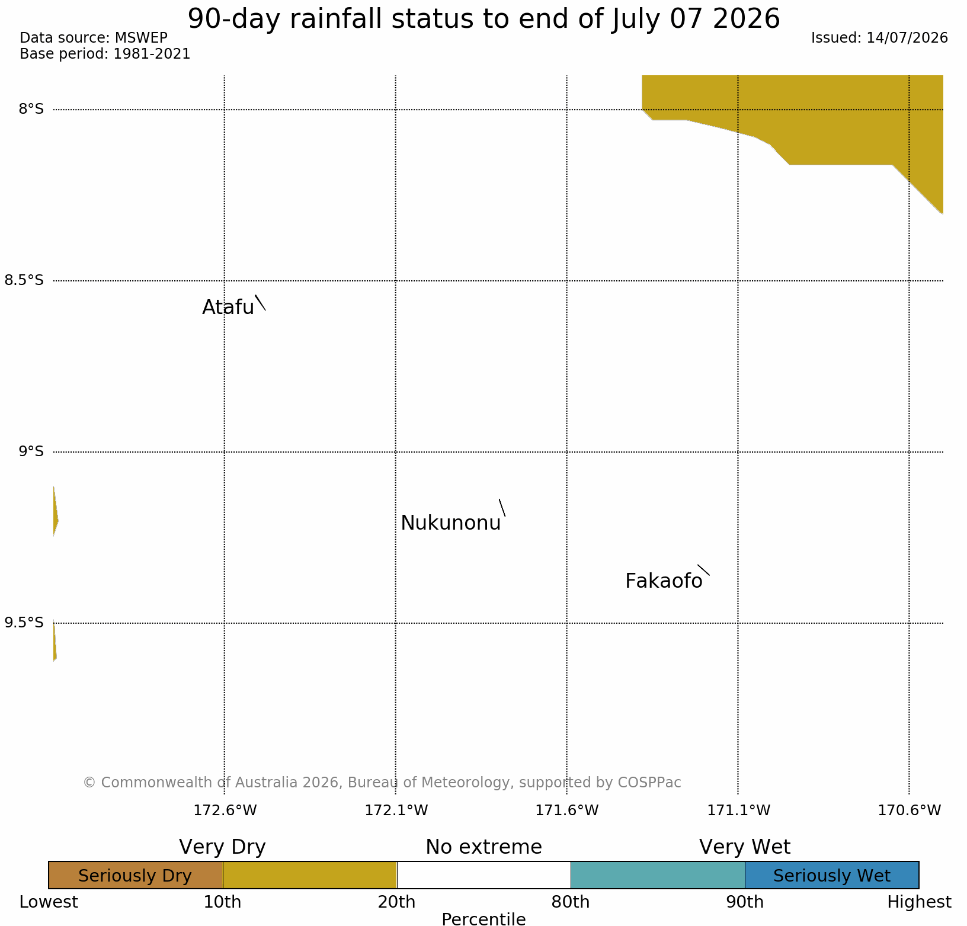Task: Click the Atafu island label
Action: click(228, 307)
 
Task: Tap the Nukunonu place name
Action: click(451, 523)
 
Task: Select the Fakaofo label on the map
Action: click(664, 581)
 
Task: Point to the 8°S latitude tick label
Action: click(31, 109)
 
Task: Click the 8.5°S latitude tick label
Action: click(24, 280)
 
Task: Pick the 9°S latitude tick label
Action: click(31, 451)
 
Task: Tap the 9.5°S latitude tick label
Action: click(24, 623)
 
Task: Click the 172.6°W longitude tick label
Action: click(225, 810)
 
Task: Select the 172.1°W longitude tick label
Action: click(396, 810)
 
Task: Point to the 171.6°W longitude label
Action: click(567, 810)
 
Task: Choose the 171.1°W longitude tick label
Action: click(738, 810)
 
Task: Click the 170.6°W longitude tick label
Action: click(909, 810)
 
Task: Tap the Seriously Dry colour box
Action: click(136, 875)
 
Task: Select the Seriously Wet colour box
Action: click(832, 875)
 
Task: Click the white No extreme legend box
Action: click(483, 875)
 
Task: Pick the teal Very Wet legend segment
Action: click(658, 875)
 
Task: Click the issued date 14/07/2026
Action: click(907, 38)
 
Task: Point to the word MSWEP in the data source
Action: click(141, 38)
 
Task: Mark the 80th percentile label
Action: click(571, 902)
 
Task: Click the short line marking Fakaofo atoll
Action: click(703, 570)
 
